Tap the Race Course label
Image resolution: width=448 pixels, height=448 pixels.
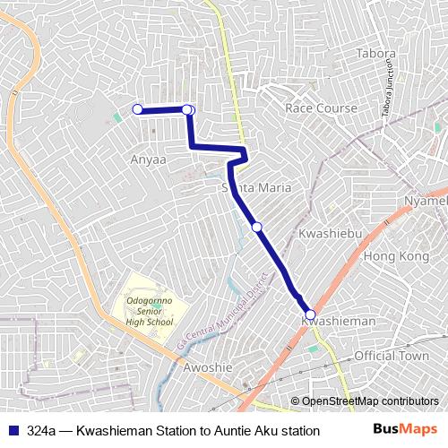pos(321,108)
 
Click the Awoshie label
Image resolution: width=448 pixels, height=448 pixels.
pos(207,368)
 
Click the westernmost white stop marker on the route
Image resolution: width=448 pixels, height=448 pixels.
pos(138,109)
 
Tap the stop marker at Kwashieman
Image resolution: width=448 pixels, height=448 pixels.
pos(310,314)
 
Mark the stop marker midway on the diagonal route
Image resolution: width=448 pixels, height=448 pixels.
pos(257,228)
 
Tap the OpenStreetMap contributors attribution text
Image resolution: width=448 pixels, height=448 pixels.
pos(371,401)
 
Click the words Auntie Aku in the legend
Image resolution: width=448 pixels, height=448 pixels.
pos(253,431)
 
